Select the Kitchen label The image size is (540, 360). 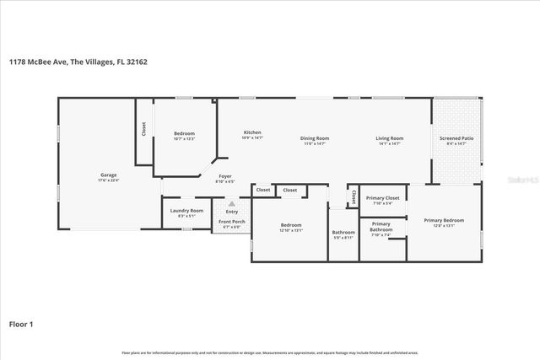252,132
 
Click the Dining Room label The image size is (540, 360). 315,138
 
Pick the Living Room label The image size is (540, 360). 390,138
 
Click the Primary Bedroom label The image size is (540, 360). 443,220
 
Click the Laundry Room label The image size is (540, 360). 186,211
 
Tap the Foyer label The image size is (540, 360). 224,176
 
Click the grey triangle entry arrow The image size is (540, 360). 231,204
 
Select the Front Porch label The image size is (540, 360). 231,222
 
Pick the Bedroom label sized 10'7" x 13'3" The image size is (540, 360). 184,133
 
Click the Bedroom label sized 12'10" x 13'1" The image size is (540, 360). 291,225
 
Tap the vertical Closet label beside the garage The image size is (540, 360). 143,128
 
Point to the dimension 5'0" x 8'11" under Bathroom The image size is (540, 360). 343,238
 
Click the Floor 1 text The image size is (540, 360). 21,324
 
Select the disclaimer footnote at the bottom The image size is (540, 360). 270,352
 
